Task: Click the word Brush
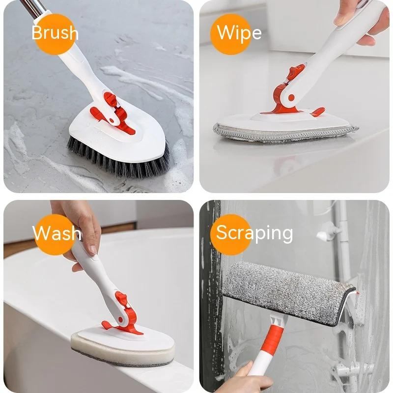click(x=55, y=33)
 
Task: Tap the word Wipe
click(x=239, y=32)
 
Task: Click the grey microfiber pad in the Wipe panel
click(x=285, y=133)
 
